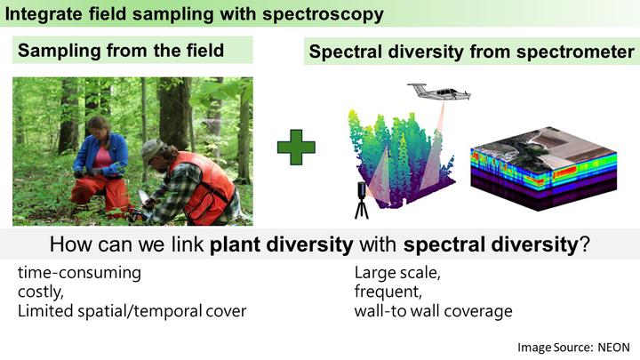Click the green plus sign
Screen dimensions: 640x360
pos(296,148)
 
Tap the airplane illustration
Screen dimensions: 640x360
pos(439,92)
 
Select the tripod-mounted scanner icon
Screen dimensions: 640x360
pos(362,200)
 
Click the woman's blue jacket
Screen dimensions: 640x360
pos(101,155)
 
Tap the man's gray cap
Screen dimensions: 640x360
pos(152,149)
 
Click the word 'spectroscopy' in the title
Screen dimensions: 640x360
pos(323,14)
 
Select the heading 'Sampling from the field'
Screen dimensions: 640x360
pos(121,51)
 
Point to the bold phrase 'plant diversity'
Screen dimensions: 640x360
pos(281,244)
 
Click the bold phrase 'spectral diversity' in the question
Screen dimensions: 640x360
pos(491,244)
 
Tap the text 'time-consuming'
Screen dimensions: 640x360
pos(79,273)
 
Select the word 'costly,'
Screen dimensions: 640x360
pos(40,292)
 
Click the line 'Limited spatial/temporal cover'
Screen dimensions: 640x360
pos(132,311)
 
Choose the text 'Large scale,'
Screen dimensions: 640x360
pos(397,273)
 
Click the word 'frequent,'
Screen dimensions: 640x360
pos(388,292)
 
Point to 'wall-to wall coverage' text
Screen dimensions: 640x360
pos(433,311)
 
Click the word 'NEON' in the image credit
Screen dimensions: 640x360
pos(614,348)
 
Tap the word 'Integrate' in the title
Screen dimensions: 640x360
pos(44,14)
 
